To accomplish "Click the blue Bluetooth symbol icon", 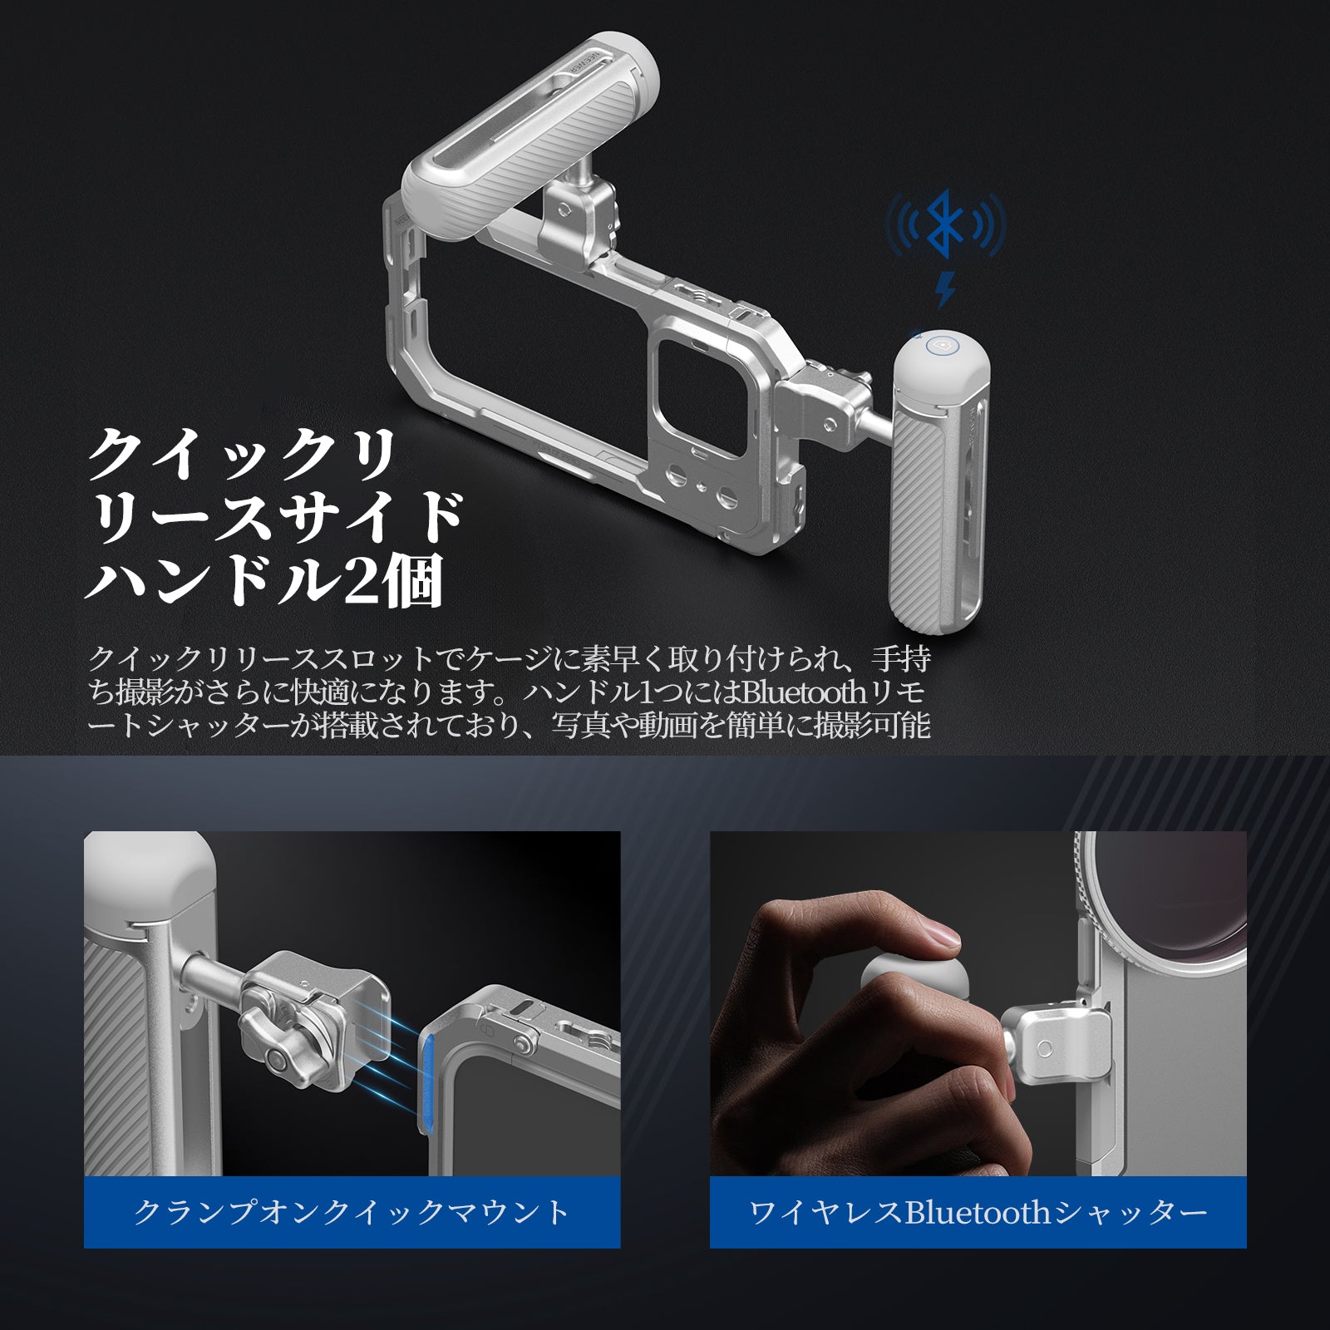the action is pos(946,224).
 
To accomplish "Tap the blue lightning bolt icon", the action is pos(945,289).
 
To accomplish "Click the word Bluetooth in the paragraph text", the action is pos(803,692).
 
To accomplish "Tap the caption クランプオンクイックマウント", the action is pos(352,1211).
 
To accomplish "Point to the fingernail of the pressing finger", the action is pos(943,937).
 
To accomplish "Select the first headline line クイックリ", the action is pos(242,456).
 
